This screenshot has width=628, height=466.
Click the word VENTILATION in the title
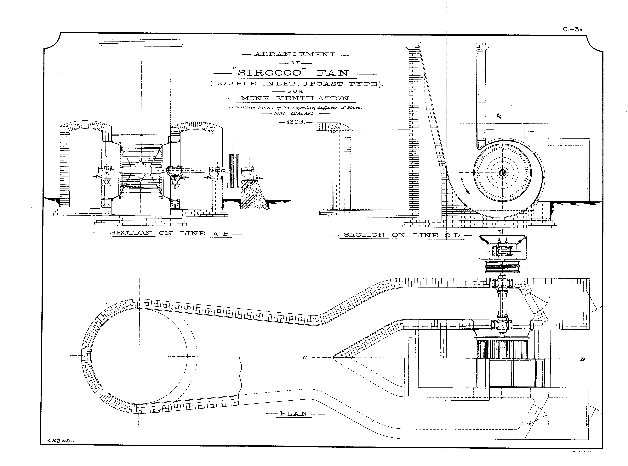313,98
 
